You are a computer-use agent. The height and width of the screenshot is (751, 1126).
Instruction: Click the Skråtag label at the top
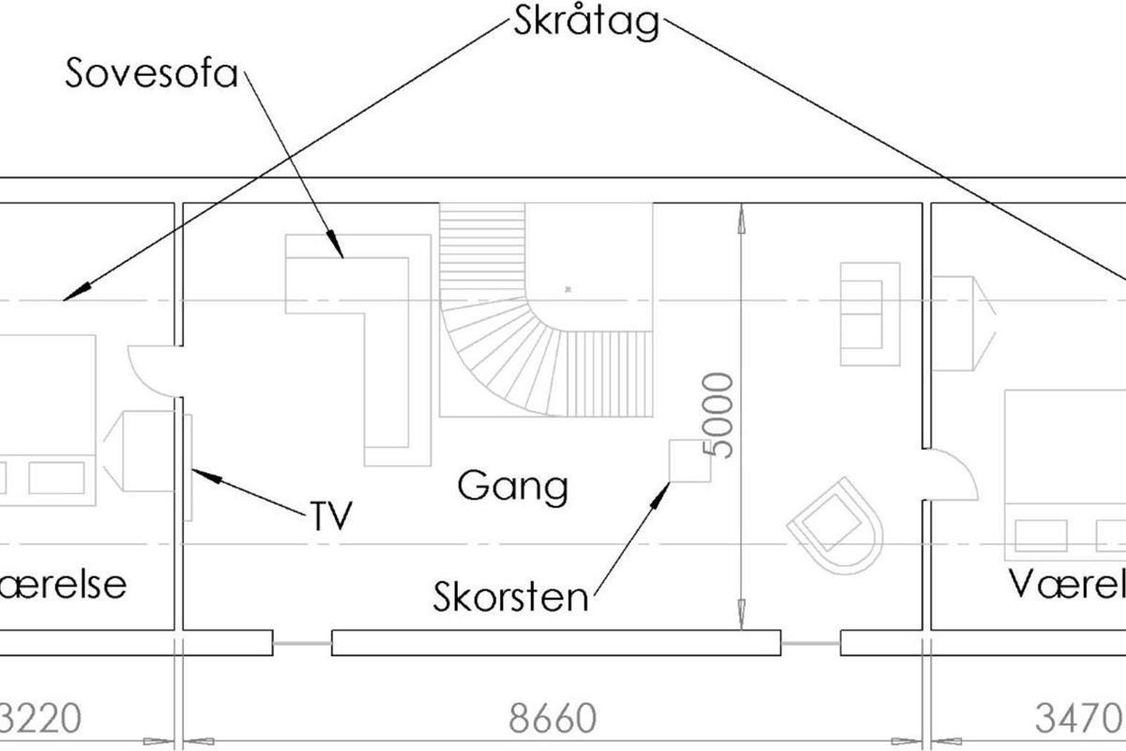tap(586, 23)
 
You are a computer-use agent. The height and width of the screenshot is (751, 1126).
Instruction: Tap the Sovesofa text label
tap(152, 73)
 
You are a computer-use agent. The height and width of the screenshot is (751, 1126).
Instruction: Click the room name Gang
tap(513, 487)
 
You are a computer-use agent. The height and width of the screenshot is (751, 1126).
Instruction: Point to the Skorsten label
tap(511, 597)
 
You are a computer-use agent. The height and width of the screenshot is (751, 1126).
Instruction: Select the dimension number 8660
tap(553, 719)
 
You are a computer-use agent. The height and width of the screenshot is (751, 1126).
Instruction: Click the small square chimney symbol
tap(690, 461)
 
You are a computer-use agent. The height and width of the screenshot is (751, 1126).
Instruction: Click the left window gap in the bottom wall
tap(301, 643)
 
